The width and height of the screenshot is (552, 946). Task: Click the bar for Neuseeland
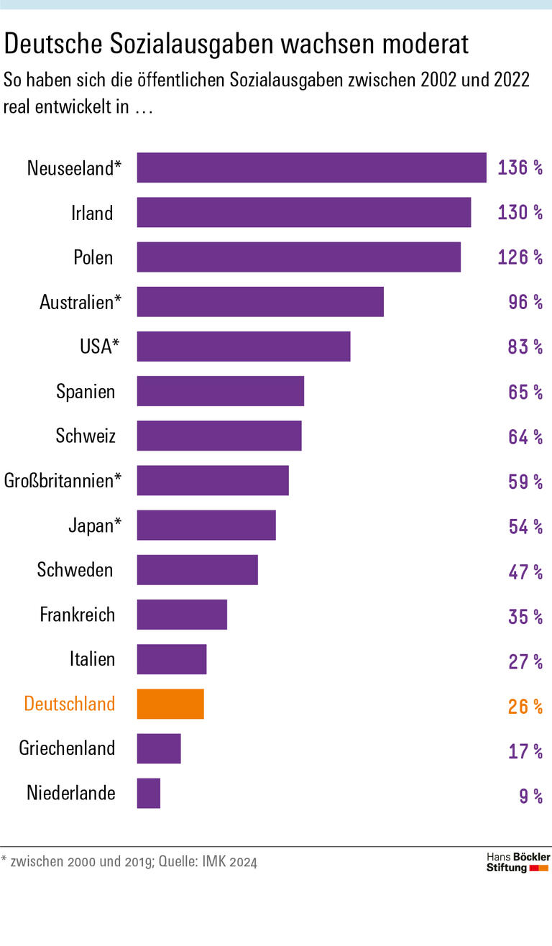click(x=311, y=167)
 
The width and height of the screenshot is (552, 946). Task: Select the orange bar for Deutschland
click(x=170, y=704)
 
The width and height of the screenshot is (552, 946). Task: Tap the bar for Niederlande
click(x=149, y=794)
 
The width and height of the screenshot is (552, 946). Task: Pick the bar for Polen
click(x=298, y=257)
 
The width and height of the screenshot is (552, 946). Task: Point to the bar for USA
click(x=244, y=346)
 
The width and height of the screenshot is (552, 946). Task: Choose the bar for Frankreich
click(x=182, y=615)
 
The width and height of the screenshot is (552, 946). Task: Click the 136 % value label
click(x=520, y=168)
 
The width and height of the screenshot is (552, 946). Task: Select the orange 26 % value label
click(x=525, y=706)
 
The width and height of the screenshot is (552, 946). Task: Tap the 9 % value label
click(x=531, y=795)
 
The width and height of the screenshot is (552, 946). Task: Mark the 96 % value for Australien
click(x=525, y=302)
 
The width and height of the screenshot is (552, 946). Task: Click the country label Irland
click(x=92, y=213)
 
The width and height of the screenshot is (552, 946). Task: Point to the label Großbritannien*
click(x=63, y=481)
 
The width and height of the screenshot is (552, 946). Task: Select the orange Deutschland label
click(x=70, y=704)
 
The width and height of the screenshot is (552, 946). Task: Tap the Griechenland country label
click(x=67, y=748)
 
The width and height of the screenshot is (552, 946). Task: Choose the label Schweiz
click(x=86, y=436)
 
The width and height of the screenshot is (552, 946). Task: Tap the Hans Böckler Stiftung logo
click(x=517, y=863)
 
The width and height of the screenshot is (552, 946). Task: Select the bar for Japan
click(x=206, y=525)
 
